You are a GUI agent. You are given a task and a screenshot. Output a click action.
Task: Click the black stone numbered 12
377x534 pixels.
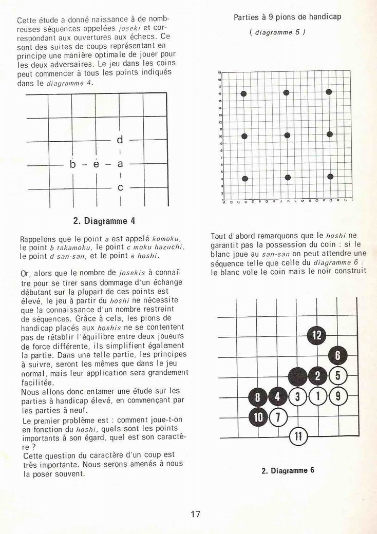[x=317, y=335]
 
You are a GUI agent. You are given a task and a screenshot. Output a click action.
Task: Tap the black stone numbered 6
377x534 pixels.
[x=337, y=355]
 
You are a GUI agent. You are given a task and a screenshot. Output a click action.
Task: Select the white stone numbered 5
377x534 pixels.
[x=337, y=375]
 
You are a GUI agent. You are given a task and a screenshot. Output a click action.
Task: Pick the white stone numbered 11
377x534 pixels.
[x=298, y=437]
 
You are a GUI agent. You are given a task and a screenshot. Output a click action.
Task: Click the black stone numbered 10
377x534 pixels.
[x=258, y=416]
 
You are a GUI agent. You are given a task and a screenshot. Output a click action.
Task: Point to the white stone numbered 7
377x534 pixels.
[x=278, y=416]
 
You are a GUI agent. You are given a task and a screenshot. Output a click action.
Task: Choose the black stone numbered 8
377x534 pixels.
[x=258, y=396]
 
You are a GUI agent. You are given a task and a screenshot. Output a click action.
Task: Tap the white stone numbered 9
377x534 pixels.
[x=337, y=396]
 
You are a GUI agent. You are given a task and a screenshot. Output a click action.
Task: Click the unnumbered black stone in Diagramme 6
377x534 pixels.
[x=297, y=376]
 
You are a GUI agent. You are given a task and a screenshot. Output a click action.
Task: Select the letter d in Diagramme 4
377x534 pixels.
[x=120, y=140]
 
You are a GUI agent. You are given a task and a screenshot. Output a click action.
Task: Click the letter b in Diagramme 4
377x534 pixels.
[x=73, y=164]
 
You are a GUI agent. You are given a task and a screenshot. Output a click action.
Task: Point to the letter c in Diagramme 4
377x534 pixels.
[x=120, y=188]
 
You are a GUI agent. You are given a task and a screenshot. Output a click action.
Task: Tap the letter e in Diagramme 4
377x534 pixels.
[x=96, y=164]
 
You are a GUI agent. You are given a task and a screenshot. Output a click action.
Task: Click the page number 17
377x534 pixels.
[x=195, y=514]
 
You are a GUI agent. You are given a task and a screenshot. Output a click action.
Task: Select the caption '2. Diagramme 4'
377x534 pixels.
[x=104, y=221]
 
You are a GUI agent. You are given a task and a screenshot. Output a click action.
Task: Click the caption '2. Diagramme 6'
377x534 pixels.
[x=287, y=470]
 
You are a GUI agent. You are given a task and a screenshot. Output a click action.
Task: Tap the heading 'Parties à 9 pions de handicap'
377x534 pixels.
[x=287, y=17]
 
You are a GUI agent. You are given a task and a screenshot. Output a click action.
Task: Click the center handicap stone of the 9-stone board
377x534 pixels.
[x=287, y=136]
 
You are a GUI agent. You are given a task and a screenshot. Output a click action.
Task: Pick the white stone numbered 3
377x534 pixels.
[x=297, y=396]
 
